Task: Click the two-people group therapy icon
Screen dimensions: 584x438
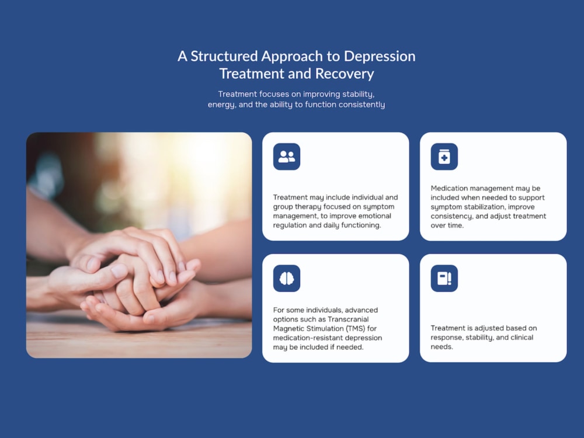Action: point(286,157)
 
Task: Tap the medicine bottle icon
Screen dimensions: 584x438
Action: point(444,157)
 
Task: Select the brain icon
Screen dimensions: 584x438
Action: point(286,278)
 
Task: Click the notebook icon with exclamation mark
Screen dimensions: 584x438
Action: point(444,278)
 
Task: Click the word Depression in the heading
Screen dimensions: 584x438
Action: point(379,57)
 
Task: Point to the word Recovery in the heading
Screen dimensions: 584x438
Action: point(345,74)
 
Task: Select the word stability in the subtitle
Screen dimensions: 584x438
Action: point(359,94)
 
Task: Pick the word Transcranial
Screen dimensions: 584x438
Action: point(348,319)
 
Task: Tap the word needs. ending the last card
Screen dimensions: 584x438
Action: point(442,347)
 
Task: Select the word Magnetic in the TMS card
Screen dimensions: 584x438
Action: point(287,329)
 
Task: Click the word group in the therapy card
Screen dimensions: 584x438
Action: point(283,207)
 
